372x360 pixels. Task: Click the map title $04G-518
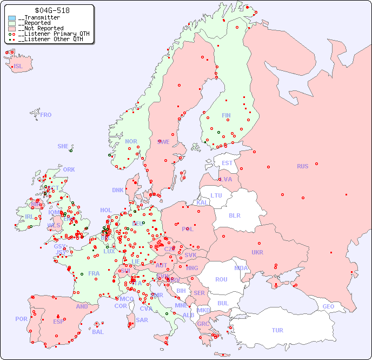(52, 10)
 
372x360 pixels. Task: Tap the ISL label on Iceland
(18, 67)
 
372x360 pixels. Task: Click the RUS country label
(302, 166)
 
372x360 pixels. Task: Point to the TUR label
(277, 330)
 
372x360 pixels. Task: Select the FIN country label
(226, 115)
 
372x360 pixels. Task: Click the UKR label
(257, 252)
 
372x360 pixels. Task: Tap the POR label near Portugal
(21, 319)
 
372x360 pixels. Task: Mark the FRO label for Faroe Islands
(46, 115)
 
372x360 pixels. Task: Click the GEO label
(328, 306)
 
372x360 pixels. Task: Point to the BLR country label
(235, 215)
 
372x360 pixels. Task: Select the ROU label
(221, 279)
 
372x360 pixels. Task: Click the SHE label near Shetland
(63, 146)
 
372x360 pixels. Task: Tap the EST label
(227, 163)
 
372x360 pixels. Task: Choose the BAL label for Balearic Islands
(97, 332)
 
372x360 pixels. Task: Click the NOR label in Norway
(131, 141)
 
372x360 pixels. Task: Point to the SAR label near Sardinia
(142, 320)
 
